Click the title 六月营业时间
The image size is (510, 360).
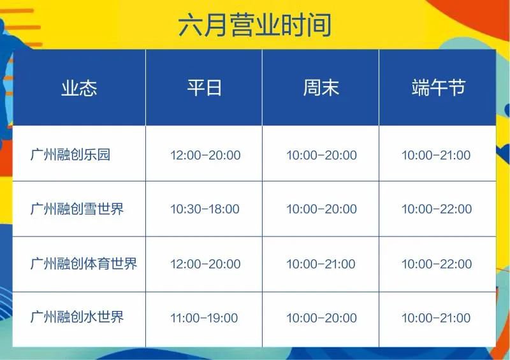[x=254, y=25]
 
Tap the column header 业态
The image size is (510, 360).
[x=79, y=88]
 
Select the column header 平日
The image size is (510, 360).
[x=204, y=87]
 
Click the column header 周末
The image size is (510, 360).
[x=321, y=87]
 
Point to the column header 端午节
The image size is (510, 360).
[x=438, y=87]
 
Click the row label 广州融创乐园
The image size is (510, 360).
[x=70, y=154]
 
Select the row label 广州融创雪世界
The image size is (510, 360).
[x=77, y=209]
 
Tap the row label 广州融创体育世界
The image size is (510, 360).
[x=84, y=264]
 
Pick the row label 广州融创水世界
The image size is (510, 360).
[x=77, y=317]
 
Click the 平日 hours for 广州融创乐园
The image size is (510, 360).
[x=205, y=155]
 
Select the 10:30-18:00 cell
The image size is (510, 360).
[x=205, y=209]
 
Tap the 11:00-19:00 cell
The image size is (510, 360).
[x=204, y=318]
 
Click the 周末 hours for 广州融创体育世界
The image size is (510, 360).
[x=321, y=264]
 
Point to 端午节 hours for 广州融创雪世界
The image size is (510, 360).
[x=437, y=209]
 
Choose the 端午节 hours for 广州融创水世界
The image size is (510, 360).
[x=436, y=318]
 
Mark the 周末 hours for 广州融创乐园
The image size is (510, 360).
[x=321, y=155]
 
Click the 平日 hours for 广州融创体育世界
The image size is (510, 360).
[x=205, y=264]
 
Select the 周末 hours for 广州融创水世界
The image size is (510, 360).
[x=321, y=318]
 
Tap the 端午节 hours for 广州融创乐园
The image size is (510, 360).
[x=436, y=155]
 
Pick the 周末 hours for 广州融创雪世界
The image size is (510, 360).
[x=321, y=209]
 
